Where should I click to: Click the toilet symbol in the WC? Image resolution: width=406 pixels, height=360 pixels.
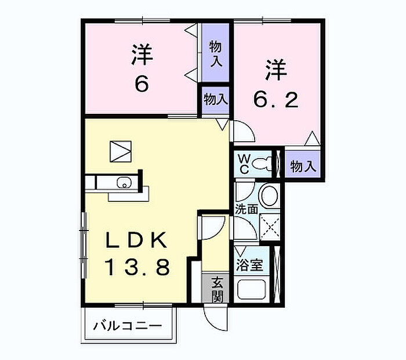tap(262, 164)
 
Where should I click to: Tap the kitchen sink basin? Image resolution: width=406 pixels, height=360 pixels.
tap(124, 182)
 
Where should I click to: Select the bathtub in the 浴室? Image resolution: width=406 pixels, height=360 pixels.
tap(252, 289)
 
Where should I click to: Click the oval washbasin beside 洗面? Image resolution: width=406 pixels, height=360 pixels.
tap(269, 196)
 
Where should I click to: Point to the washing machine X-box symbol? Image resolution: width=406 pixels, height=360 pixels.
tap(270, 227)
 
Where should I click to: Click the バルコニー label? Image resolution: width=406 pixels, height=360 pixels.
tap(128, 326)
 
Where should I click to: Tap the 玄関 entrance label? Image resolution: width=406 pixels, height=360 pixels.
tap(217, 290)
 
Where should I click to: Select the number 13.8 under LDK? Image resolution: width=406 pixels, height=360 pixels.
tap(137, 267)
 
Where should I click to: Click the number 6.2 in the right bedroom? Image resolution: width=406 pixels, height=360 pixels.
tap(276, 100)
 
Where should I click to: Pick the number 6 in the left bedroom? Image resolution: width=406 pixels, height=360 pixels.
tap(142, 84)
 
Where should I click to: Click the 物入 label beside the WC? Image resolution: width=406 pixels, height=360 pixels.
tap(303, 166)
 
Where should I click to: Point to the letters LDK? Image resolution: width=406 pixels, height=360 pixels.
tap(136, 240)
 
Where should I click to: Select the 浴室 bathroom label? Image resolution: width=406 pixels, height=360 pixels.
tap(249, 265)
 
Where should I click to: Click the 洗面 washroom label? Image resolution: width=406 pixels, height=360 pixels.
tap(246, 209)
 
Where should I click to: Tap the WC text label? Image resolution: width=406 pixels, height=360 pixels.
tap(244, 164)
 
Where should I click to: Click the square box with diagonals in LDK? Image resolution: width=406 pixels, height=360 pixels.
tap(121, 152)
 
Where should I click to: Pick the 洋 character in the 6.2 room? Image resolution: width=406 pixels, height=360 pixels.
tap(276, 70)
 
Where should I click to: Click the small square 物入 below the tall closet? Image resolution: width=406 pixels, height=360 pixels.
tap(215, 100)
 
